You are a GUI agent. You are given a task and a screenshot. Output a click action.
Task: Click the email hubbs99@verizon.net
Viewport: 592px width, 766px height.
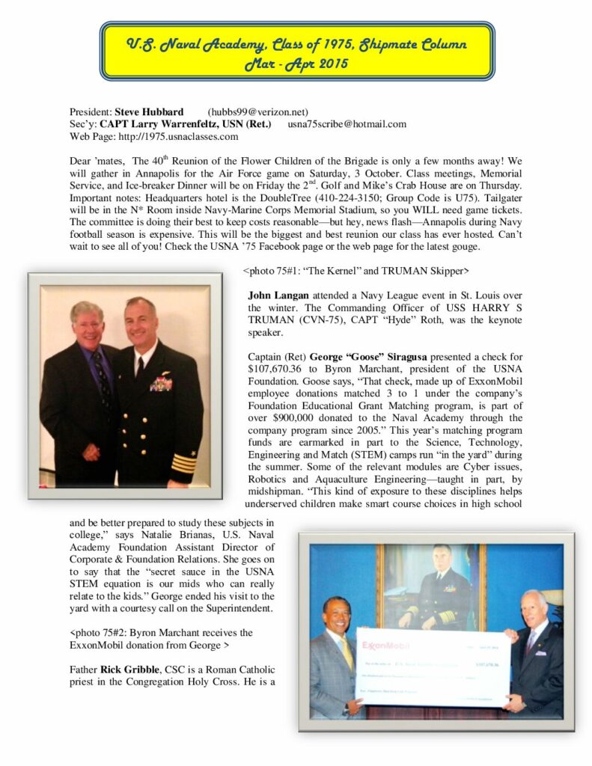point(257,112)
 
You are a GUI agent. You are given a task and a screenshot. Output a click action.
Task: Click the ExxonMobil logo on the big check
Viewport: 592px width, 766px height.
point(388,645)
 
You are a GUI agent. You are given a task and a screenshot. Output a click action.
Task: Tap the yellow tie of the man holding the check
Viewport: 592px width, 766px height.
point(347,653)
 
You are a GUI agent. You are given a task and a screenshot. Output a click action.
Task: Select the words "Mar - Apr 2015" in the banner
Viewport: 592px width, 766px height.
point(297,64)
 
